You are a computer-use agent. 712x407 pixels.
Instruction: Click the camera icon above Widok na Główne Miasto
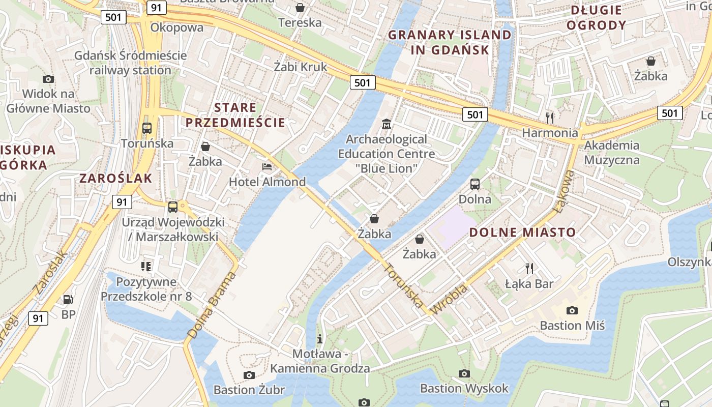tap(48, 79)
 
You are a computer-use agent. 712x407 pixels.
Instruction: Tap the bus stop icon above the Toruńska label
tap(147, 128)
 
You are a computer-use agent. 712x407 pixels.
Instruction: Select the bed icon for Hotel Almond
tap(267, 166)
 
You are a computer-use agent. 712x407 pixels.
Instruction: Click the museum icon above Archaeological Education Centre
tap(386, 124)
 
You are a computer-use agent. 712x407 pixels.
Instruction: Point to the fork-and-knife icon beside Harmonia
tap(550, 118)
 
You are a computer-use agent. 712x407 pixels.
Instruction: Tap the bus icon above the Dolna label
tap(475, 184)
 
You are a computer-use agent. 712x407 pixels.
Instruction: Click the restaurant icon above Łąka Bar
tap(529, 268)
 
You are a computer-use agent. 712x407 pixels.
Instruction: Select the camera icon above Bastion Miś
tap(572, 310)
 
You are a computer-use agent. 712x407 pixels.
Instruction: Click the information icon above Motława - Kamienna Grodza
tap(320, 339)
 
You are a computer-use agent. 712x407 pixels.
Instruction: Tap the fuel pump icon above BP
tap(68, 300)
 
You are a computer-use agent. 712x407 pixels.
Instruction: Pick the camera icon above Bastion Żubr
tap(249, 375)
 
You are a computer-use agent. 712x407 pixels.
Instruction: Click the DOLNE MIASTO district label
tap(522, 232)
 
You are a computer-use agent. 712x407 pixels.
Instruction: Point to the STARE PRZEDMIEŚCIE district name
tap(235, 115)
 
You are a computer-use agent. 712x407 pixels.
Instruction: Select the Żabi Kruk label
tap(301, 67)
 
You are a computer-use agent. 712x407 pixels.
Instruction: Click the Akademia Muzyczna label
tap(611, 153)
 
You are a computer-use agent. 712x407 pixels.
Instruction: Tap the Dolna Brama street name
tap(212, 305)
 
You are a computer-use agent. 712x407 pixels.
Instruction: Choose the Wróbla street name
tap(449, 300)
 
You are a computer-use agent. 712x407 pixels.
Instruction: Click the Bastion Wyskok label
tap(464, 389)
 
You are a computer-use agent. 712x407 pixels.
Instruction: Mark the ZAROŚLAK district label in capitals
tap(115, 178)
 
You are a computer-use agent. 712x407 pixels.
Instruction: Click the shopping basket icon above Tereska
tap(300, 8)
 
